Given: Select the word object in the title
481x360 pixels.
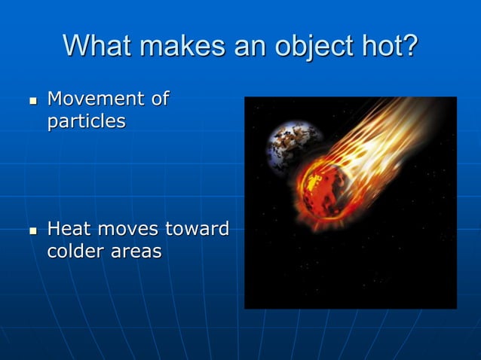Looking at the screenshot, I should click(311, 47).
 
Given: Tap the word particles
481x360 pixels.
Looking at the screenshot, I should click(86, 121).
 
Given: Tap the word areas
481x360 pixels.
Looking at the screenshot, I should click(138, 252).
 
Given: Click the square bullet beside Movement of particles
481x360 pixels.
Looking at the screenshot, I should click(32, 99).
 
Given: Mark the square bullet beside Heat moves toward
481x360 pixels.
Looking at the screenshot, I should click(32, 229).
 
